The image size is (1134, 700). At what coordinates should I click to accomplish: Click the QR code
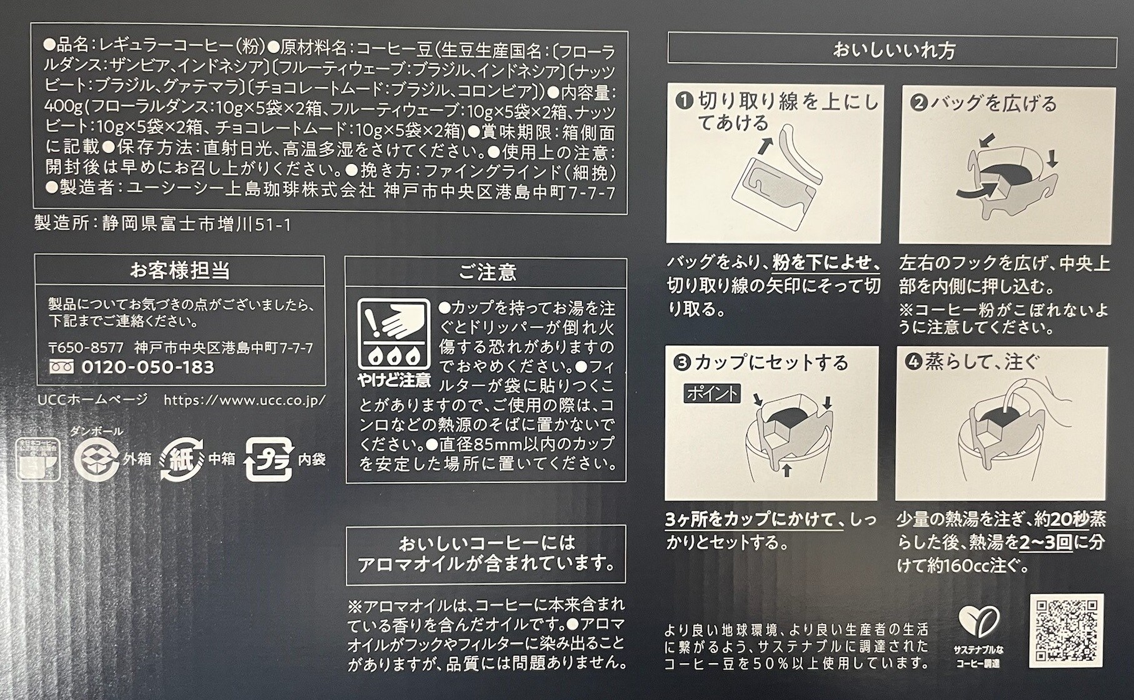[1067, 631]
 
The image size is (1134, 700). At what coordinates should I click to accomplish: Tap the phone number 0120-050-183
[148, 367]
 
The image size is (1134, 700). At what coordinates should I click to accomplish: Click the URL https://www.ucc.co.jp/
[245, 400]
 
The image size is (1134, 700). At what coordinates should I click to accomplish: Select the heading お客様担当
[179, 271]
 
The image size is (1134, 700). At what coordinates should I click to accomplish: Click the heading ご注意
[487, 272]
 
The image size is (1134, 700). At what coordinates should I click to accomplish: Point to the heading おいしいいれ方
[893, 50]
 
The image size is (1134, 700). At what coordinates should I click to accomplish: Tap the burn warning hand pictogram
[394, 334]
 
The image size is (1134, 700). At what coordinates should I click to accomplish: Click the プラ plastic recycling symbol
[269, 459]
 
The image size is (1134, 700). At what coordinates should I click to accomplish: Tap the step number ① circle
[686, 101]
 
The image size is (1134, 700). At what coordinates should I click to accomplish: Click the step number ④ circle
[913, 362]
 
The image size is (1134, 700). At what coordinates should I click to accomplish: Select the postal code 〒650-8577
[86, 347]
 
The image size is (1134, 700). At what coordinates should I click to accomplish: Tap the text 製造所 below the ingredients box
[61, 224]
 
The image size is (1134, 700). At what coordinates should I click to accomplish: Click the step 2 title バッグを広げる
[993, 103]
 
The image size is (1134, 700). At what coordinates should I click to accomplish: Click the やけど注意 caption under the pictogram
[394, 379]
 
